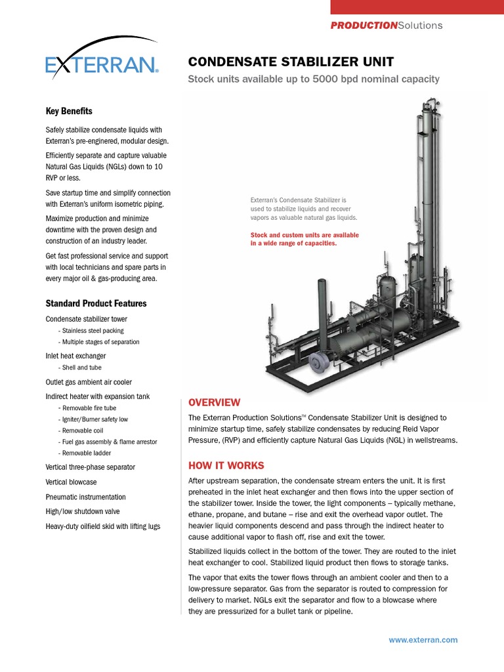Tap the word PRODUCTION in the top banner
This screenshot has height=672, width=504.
364,25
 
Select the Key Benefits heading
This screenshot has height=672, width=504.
69,111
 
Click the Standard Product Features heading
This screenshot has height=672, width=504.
96,303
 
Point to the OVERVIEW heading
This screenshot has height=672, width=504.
214,402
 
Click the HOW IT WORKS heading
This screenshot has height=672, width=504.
226,465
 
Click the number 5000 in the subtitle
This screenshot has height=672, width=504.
333,79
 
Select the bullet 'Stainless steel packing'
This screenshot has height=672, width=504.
93,331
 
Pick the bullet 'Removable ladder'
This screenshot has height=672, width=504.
86,453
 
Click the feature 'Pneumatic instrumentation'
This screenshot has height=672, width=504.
85,497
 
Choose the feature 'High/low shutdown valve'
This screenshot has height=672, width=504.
83,511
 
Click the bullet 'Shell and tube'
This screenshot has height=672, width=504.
81,367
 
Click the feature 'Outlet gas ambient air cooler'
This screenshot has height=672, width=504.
89,382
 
